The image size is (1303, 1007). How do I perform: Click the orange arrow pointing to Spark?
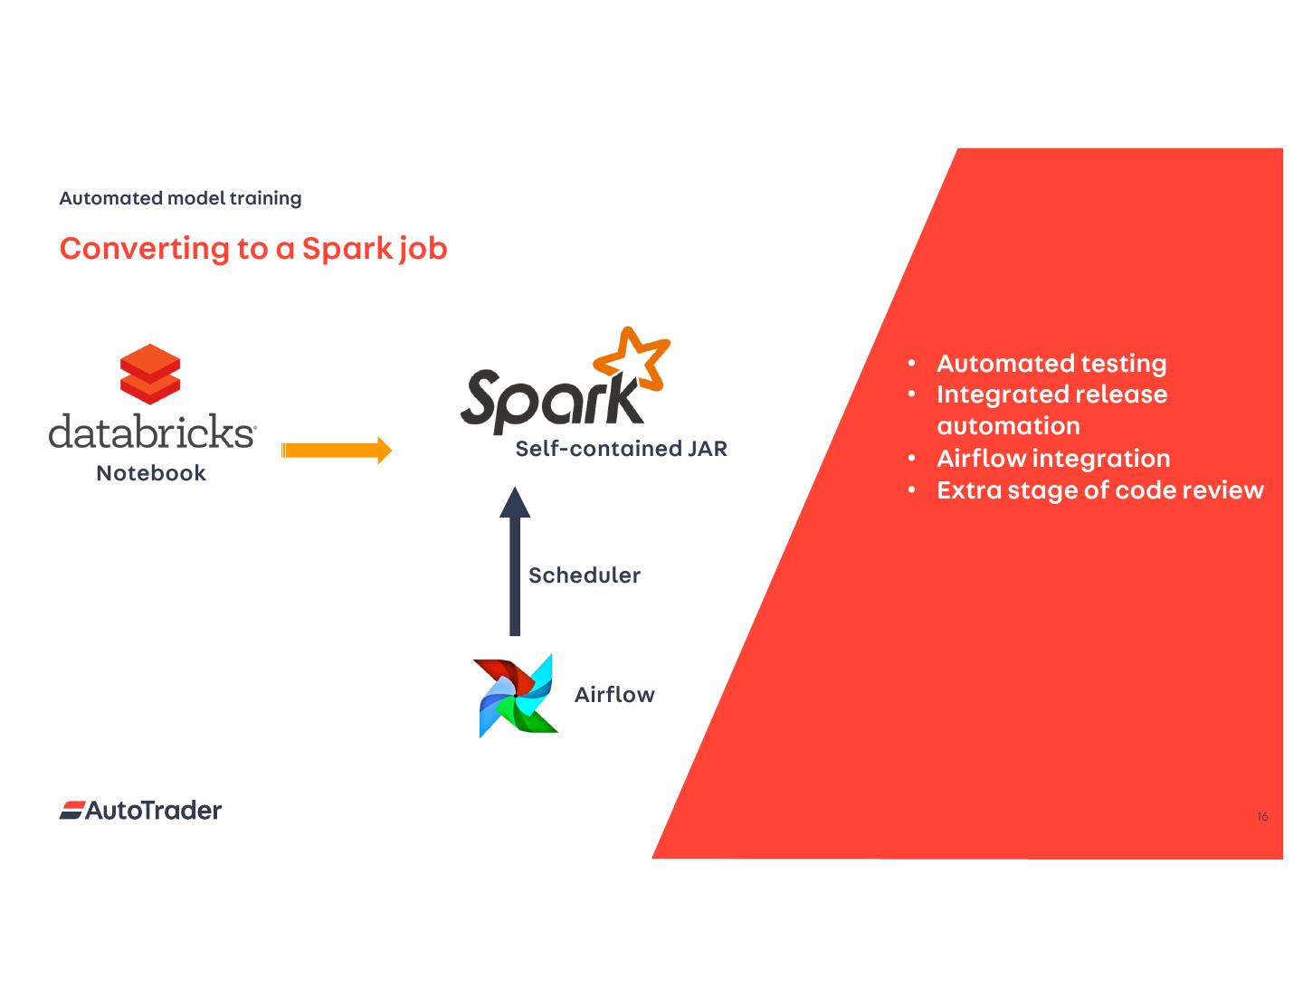336,450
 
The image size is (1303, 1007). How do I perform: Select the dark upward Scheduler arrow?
515,561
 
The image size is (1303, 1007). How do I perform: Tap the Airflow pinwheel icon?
515,695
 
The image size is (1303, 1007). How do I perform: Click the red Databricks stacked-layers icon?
150,374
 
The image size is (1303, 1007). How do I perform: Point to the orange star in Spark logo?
632,362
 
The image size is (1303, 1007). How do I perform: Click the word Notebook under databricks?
151,473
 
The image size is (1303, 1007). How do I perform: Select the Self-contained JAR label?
621,449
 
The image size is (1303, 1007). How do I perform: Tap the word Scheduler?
585,575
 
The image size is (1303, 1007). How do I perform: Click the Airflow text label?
614,695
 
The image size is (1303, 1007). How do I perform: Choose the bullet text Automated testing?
1051,364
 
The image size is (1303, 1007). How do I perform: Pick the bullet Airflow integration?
1053,459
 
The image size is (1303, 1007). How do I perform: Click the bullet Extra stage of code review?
1099,490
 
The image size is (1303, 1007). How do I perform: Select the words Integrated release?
1051,394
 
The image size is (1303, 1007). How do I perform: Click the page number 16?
1262,817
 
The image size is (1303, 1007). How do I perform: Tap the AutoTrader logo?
141,811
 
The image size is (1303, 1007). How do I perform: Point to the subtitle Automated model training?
180,198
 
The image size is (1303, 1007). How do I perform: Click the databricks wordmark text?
152,432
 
